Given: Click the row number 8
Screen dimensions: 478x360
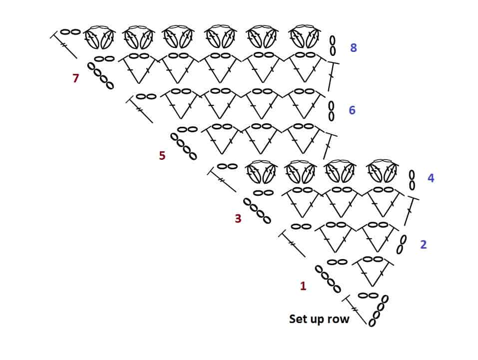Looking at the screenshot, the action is click(353, 48).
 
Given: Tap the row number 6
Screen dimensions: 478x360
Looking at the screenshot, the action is click(352, 110).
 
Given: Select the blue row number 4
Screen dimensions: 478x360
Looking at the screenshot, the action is click(431, 178).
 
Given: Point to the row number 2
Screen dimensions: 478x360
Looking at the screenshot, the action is click(424, 245).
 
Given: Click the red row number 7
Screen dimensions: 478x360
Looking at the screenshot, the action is click(75, 78).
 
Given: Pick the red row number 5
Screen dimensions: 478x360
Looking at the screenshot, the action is click(162, 156).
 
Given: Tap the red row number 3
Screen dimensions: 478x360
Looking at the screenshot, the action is click(238, 219).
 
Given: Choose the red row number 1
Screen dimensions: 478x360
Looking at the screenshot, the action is click(303, 286).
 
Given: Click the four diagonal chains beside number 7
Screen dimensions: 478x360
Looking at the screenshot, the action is click(100, 75).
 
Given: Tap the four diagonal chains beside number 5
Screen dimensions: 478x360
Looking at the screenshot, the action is click(183, 146).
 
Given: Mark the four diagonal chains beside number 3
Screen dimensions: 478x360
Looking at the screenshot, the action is click(257, 211).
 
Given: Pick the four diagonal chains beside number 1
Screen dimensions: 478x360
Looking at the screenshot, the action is click(328, 279).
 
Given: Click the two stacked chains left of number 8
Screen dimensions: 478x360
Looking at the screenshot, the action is click(333, 46).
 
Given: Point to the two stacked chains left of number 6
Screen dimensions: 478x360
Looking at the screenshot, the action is click(331, 111).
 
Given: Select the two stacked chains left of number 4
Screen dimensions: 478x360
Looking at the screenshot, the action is click(412, 180).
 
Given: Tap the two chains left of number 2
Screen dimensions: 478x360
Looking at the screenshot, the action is click(402, 245).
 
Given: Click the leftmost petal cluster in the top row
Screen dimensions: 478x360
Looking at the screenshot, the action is click(100, 37).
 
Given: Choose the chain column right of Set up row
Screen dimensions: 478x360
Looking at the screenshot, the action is click(378, 311).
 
